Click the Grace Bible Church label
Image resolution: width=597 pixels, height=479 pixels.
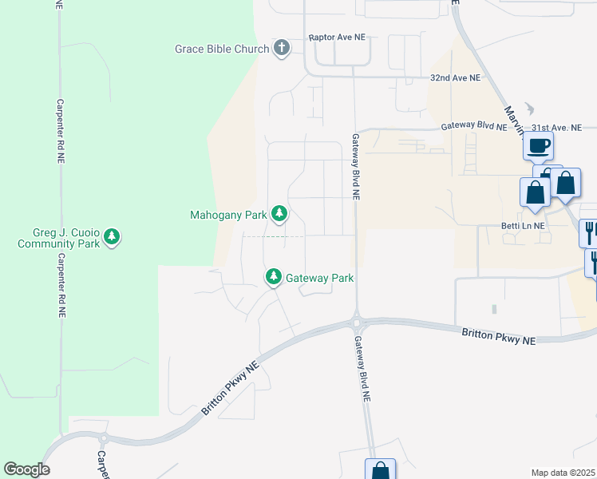pyautogui.click(x=222, y=49)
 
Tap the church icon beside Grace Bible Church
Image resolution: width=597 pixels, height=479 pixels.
pyautogui.click(x=281, y=49)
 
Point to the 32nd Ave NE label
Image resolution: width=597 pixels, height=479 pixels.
pyautogui.click(x=456, y=78)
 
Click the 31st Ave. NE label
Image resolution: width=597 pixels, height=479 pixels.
pyautogui.click(x=558, y=127)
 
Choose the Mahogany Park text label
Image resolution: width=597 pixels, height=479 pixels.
pyautogui.click(x=227, y=215)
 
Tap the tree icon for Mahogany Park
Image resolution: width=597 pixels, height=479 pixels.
pyautogui.click(x=279, y=214)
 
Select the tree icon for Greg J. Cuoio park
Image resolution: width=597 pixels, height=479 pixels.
pyautogui.click(x=113, y=237)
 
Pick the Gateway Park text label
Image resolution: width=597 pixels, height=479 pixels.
pyautogui.click(x=319, y=278)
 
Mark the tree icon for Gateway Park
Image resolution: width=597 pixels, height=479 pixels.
pyautogui.click(x=274, y=277)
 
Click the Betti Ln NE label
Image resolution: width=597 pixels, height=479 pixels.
pyautogui.click(x=523, y=226)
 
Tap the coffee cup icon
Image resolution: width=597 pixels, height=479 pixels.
pyautogui.click(x=539, y=147)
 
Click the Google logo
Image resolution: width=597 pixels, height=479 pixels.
pyautogui.click(x=26, y=469)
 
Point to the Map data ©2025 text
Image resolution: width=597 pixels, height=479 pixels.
pyautogui.click(x=563, y=473)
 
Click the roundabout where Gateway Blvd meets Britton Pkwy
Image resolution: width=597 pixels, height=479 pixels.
pyautogui.click(x=356, y=324)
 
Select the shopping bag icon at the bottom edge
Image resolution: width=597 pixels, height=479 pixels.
pyautogui.click(x=380, y=471)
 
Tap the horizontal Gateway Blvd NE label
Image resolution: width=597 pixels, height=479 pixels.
pyautogui.click(x=474, y=127)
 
